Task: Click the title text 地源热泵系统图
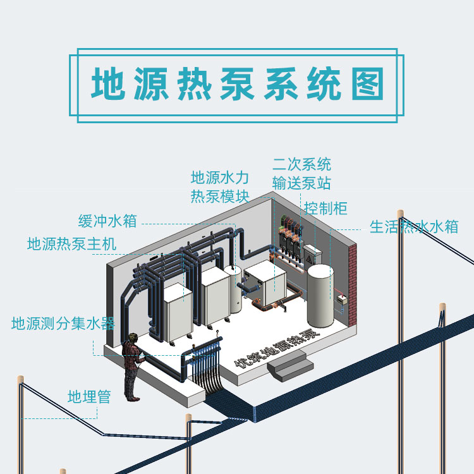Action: pyautogui.click(x=237, y=84)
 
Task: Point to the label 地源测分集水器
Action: pyautogui.click(x=63, y=324)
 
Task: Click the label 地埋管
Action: pyautogui.click(x=89, y=397)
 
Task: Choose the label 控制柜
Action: pyautogui.click(x=325, y=208)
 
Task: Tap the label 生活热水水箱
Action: pyautogui.click(x=413, y=226)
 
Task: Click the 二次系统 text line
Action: pyautogui.click(x=301, y=165)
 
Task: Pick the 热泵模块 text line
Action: pyautogui.click(x=220, y=196)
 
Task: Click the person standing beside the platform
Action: pyautogui.click(x=132, y=367)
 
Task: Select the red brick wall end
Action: pyautogui.click(x=354, y=278)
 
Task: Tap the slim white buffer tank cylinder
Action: pyautogui.click(x=234, y=288)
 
